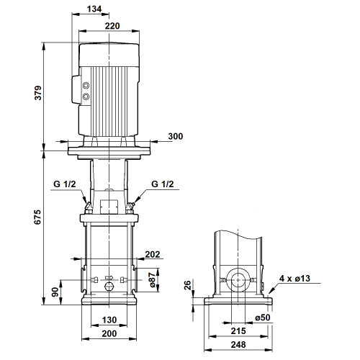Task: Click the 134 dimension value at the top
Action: coord(94,9)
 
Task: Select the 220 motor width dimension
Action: coord(112,26)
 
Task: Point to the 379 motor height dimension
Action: coord(38,93)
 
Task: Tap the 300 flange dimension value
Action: coord(176,136)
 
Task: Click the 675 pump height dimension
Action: coord(37,217)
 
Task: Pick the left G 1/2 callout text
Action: coord(65,184)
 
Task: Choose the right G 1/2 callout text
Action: coord(163,184)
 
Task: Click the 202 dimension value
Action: coord(153,254)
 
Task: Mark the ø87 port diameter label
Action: coord(153,280)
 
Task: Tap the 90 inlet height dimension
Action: coord(55,292)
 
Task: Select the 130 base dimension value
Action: coord(109,320)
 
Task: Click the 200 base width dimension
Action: coord(109,333)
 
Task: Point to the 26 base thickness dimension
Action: coord(187,285)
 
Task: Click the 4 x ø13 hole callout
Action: coord(294,279)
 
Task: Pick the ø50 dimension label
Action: coord(263,318)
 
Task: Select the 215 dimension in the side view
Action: coord(238,331)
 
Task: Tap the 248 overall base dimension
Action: coord(238,345)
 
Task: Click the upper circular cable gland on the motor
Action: coord(86,86)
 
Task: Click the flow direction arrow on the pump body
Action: coord(109,278)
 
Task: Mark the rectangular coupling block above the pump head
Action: coord(109,207)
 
